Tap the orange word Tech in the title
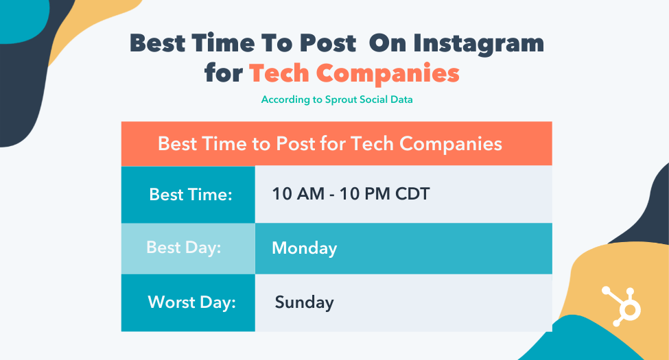coord(279,73)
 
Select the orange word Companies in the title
coord(388,75)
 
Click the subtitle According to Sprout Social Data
coord(337,100)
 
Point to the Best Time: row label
coord(191,195)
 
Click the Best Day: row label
coord(184,248)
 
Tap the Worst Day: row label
coord(191,302)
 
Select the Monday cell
coord(304,248)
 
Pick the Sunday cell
coord(304,302)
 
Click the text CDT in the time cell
coord(412,194)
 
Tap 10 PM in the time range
coord(365,194)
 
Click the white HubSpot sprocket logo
coord(621,307)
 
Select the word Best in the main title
coord(157,43)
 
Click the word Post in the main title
coord(328,43)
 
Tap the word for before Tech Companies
coord(224,73)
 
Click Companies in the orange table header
coord(451,145)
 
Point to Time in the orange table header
coord(224,144)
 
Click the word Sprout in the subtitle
coord(341,100)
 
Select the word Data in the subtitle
coord(401,99)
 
